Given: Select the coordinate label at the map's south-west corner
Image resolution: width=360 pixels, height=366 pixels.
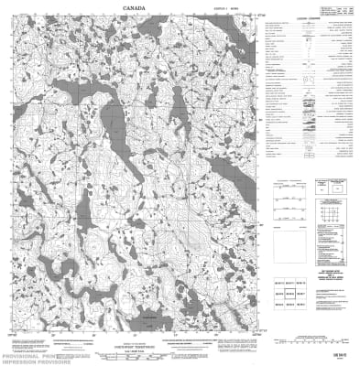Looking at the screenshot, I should pyautogui.click(x=10, y=337).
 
